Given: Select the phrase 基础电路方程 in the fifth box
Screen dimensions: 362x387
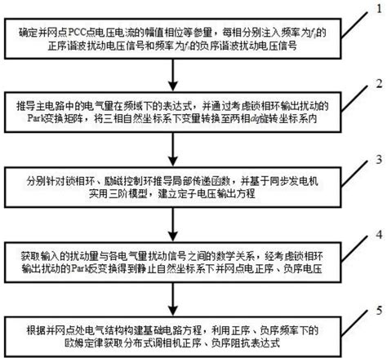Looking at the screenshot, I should tap(171, 329).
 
